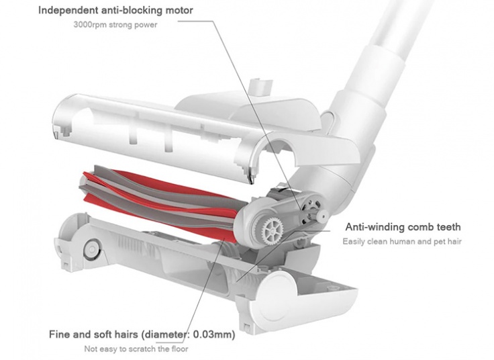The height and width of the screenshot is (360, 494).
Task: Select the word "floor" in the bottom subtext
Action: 177,349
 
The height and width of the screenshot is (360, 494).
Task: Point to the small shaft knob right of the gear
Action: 321,217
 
